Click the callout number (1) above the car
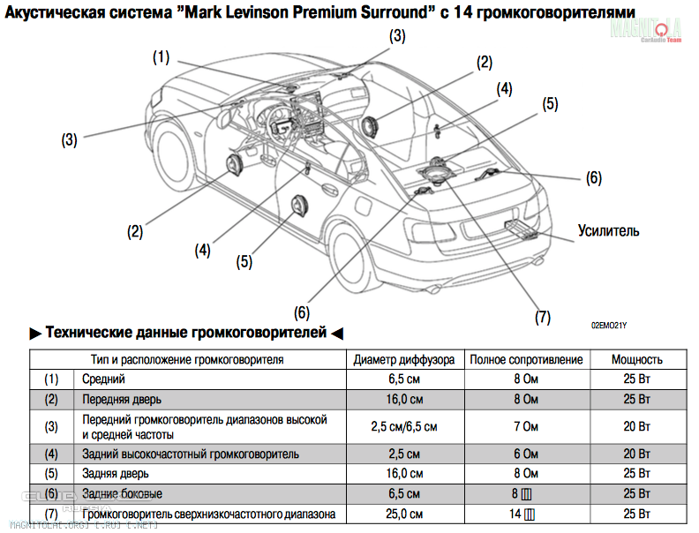coord(161,57)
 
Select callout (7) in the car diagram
coord(543,315)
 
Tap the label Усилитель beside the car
coord(608,231)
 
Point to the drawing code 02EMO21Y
coord(609,326)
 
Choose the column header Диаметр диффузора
coord(404,359)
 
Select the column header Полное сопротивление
coord(526,359)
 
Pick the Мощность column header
coord(637,359)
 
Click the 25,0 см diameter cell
coord(404,514)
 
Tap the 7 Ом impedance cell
coord(526,426)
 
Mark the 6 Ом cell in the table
coord(526,454)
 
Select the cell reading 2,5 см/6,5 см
coord(404,426)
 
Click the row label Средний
coord(104,379)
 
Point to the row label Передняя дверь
coord(122,399)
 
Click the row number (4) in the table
coord(52,454)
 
